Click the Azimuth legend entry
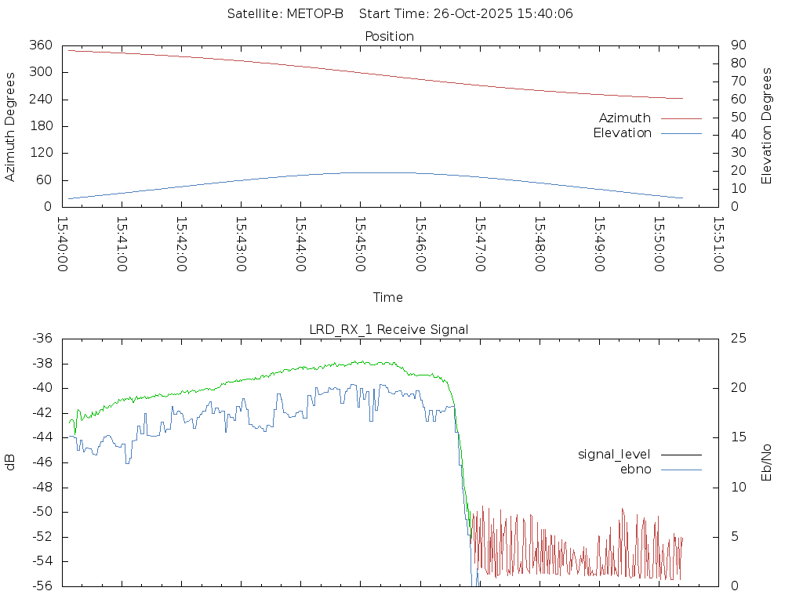(625, 118)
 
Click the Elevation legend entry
(622, 133)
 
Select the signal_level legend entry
(614, 455)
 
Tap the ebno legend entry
(636, 470)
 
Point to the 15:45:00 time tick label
(360, 244)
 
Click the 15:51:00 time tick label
(718, 244)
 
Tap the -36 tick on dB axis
(41, 339)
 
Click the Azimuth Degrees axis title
(10, 126)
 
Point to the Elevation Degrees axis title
(767, 126)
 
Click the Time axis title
(388, 298)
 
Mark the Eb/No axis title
(767, 462)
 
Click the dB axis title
(10, 462)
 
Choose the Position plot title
(390, 37)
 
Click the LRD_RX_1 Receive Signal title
(389, 330)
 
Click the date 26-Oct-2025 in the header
(474, 14)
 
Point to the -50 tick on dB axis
(41, 512)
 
